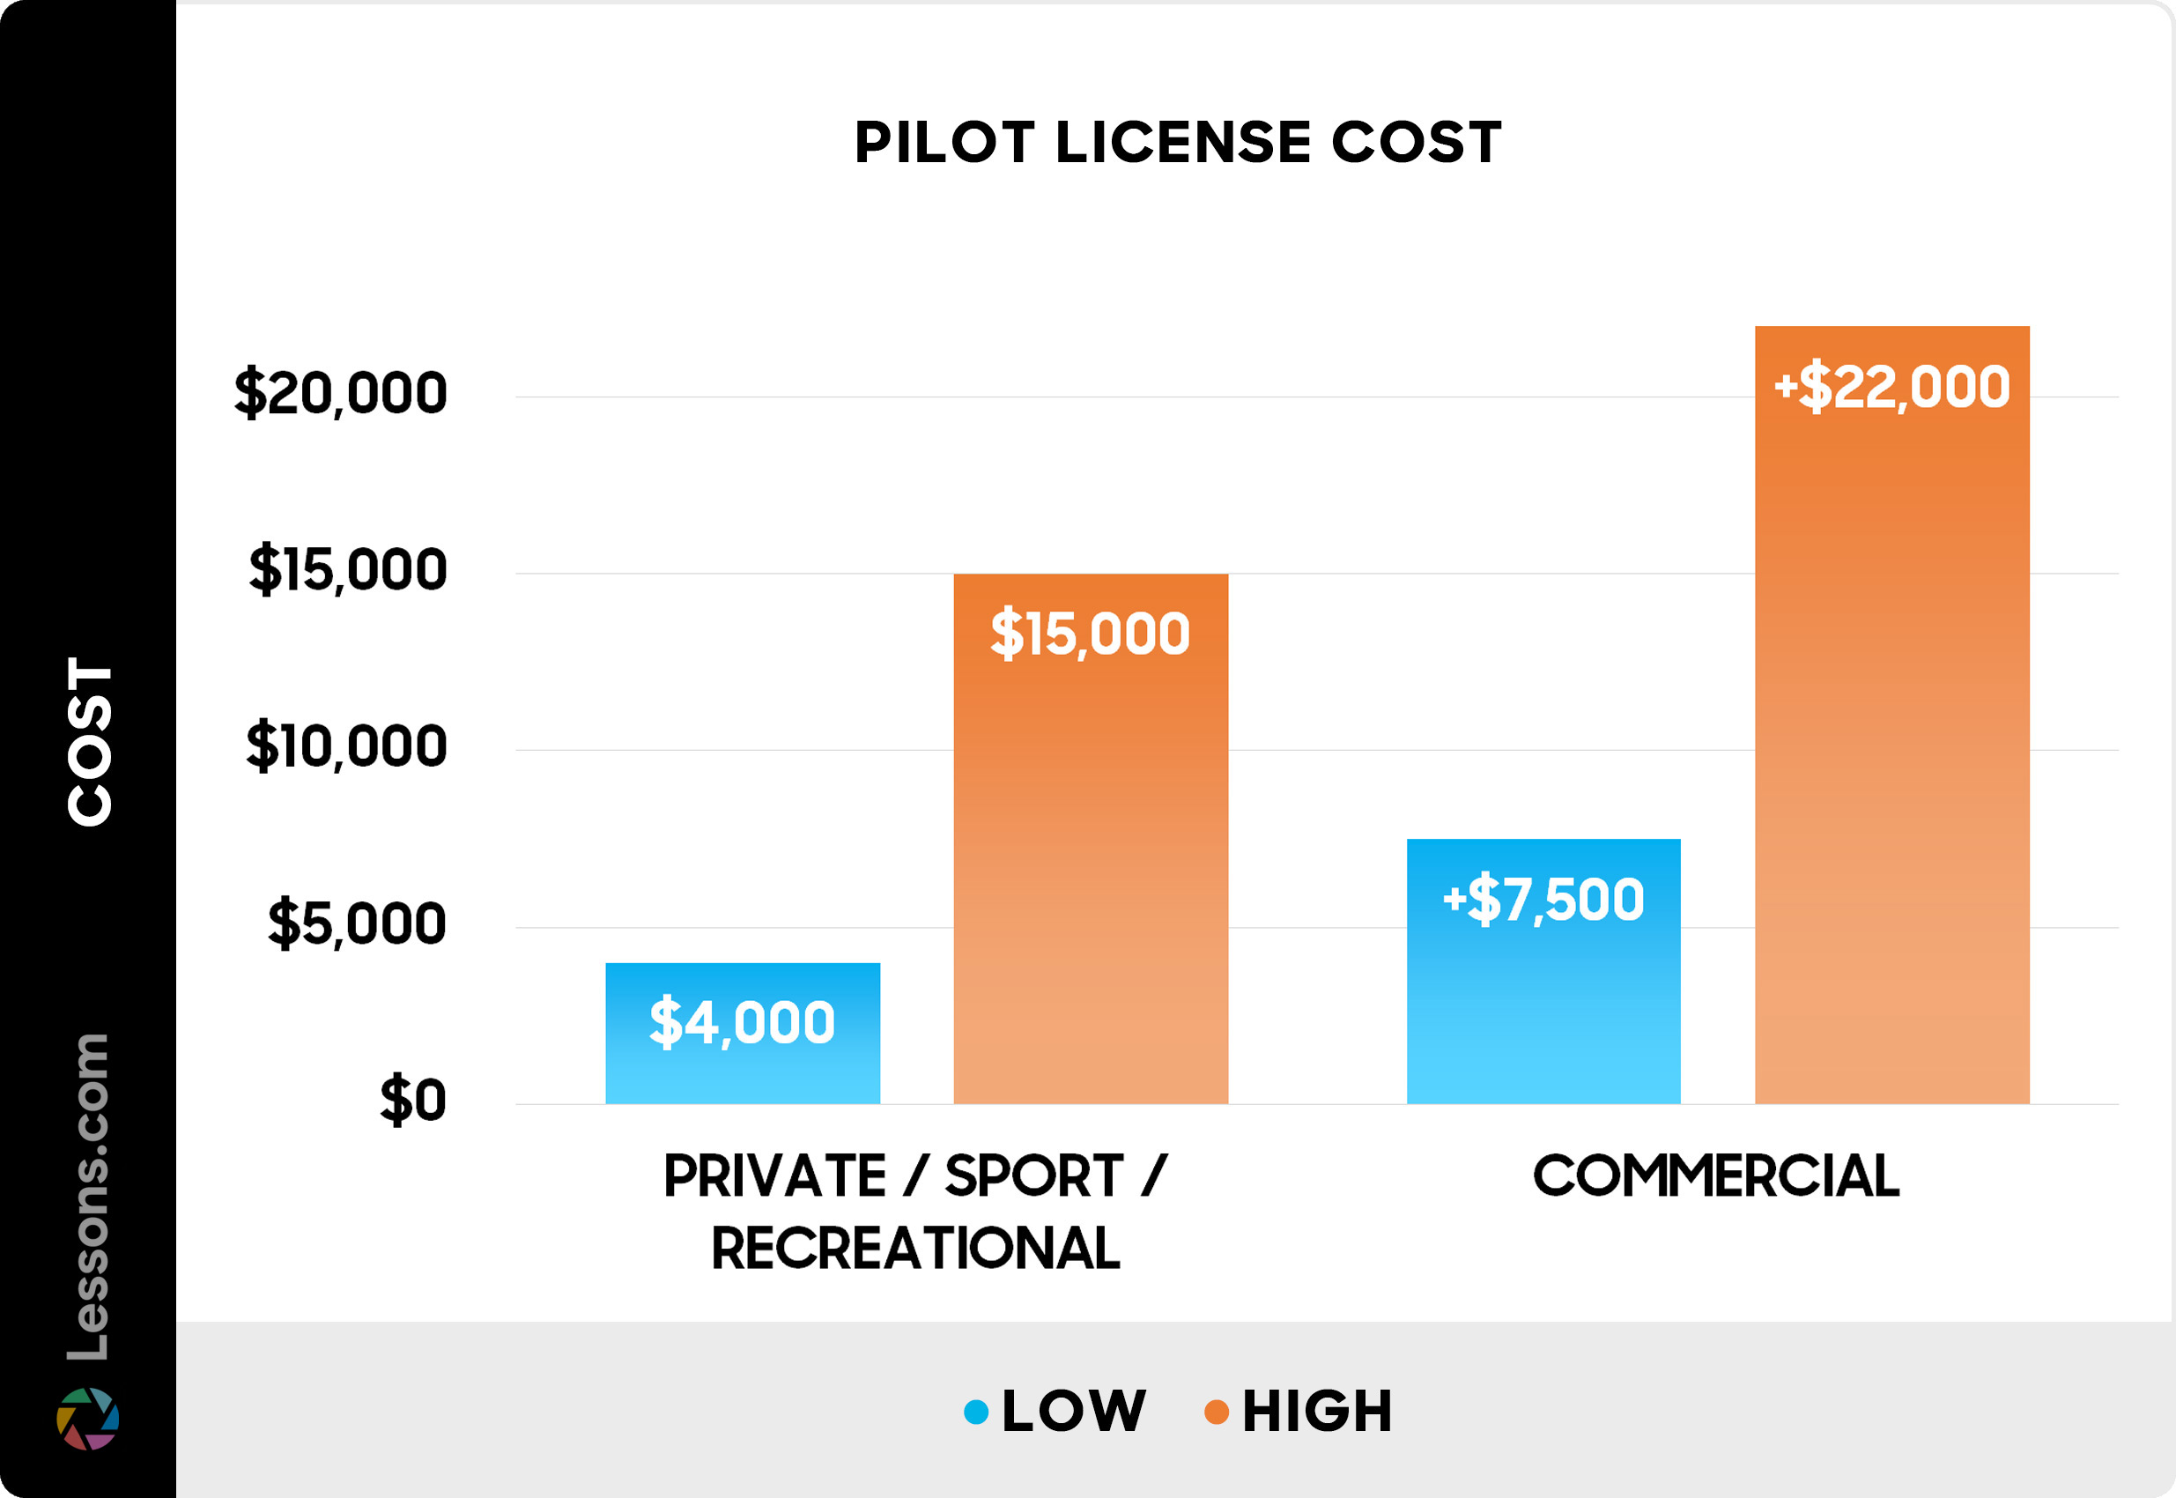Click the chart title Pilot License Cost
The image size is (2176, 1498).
tap(1177, 143)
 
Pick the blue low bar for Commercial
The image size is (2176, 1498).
tap(1543, 1013)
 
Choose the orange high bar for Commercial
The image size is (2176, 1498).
tap(1891, 751)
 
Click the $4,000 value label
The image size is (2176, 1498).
tap(743, 1021)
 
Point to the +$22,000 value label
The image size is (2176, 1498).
tap(1891, 386)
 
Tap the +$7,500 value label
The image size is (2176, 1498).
tap(1543, 898)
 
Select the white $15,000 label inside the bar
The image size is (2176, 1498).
tap(1091, 634)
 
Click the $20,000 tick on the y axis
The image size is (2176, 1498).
tap(341, 392)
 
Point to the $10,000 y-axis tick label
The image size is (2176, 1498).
tap(346, 746)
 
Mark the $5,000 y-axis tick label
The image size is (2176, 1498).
tap(357, 923)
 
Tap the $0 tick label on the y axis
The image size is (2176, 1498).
tap(413, 1099)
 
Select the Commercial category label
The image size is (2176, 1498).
tap(1715, 1176)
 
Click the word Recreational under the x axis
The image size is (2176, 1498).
tap(914, 1249)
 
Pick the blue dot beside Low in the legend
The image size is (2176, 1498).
tap(976, 1412)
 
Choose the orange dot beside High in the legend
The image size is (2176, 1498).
tap(1216, 1412)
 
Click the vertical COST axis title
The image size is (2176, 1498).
tap(90, 741)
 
